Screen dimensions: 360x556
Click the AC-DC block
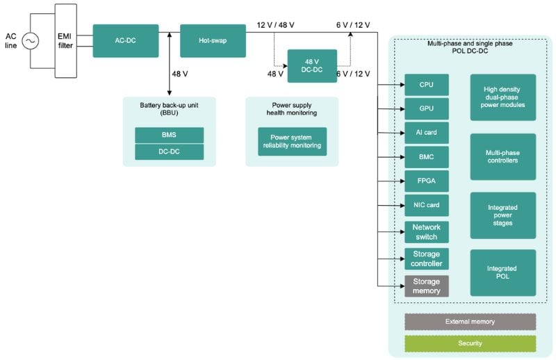(125, 41)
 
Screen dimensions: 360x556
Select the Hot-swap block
(213, 41)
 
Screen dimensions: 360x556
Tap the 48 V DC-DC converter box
(312, 66)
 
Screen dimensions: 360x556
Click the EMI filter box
(65, 41)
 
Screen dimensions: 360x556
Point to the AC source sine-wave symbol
(31, 42)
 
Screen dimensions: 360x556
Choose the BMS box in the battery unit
(169, 135)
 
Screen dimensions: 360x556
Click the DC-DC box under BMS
(169, 152)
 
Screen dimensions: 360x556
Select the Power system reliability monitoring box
(292, 141)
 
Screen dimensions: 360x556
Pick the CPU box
(426, 85)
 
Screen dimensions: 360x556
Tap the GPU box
(426, 108)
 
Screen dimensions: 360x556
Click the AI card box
(426, 133)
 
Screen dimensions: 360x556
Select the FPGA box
(426, 181)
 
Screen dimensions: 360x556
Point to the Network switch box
(426, 232)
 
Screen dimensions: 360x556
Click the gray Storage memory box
(426, 286)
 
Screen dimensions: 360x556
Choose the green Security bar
(470, 343)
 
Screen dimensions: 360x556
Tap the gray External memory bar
(470, 322)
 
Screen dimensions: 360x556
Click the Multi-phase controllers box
(502, 156)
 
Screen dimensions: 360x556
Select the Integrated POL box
(502, 272)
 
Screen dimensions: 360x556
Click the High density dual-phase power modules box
(502, 97)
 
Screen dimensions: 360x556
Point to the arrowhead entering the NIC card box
(401, 205)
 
